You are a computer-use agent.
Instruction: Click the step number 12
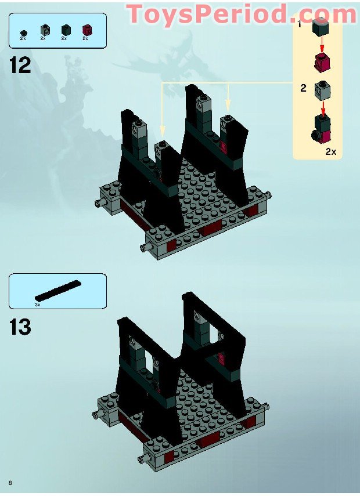click(x=20, y=65)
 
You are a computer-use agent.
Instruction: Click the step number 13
click(x=20, y=327)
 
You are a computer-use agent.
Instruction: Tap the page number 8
click(x=10, y=483)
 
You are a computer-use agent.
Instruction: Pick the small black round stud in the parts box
click(x=23, y=32)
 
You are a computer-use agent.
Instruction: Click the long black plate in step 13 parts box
click(x=58, y=290)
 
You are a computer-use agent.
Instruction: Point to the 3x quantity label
click(x=38, y=304)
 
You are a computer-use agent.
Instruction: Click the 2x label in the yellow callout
click(x=330, y=151)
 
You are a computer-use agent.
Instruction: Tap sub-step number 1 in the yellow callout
click(x=300, y=25)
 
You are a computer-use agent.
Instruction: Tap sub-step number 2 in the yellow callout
click(x=303, y=88)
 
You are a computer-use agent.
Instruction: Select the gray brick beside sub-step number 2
click(x=321, y=89)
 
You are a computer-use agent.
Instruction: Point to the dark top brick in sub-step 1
click(x=321, y=27)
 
